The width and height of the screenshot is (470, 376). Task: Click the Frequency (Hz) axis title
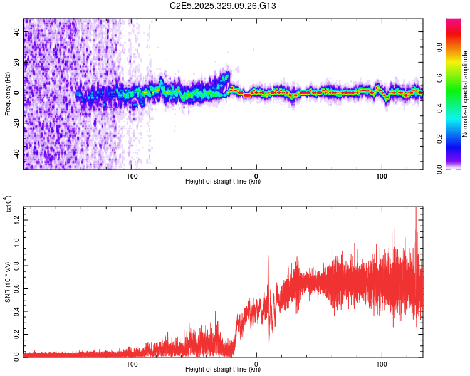coord(8,94)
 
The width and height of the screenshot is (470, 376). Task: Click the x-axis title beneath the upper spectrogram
coord(223,182)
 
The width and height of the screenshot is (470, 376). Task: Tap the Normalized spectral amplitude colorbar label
coord(465,94)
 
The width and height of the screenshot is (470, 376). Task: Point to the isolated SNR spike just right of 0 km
coord(268,257)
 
